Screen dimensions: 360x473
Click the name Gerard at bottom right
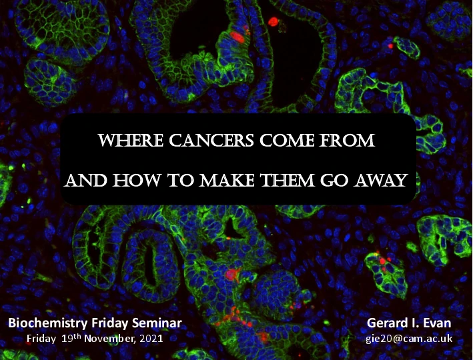click(386, 323)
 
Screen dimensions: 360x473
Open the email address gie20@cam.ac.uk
click(409, 338)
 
